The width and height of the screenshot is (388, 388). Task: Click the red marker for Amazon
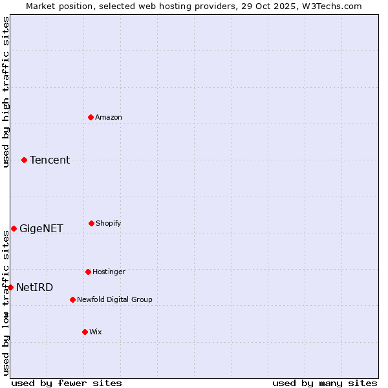(91, 117)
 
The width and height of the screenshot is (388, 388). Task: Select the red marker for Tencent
(24, 160)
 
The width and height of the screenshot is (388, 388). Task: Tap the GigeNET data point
(14, 228)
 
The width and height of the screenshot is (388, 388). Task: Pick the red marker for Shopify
(91, 223)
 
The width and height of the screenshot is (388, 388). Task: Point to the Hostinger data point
(88, 272)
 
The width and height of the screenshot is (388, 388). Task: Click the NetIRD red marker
(10, 287)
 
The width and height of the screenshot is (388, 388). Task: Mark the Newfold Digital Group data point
(72, 299)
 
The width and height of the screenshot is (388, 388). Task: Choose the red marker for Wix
(85, 332)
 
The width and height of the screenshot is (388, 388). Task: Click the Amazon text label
(109, 117)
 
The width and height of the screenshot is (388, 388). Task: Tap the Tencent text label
(50, 160)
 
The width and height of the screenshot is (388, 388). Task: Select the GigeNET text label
(41, 228)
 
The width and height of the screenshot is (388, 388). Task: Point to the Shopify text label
(109, 223)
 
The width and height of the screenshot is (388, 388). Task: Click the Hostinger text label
(109, 272)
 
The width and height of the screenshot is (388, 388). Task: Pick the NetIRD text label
(35, 287)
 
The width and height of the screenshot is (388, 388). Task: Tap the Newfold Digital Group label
(114, 299)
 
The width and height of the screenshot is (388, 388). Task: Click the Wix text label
(96, 332)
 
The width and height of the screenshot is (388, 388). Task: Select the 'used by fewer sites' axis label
(66, 383)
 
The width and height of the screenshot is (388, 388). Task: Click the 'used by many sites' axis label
(325, 383)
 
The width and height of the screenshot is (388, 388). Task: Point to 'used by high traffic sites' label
(6, 92)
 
